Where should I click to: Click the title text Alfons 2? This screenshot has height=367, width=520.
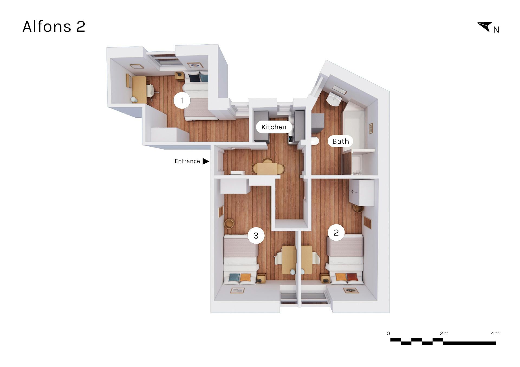coord(54,27)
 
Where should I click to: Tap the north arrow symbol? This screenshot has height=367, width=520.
coord(485,26)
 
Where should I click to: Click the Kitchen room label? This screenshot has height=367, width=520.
coord(274,127)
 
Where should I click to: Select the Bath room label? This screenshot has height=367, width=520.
coord(340,141)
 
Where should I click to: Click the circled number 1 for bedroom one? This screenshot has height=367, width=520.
coord(182,100)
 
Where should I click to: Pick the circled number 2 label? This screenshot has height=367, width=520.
coord(336,233)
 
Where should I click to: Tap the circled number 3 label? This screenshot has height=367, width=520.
coord(256,236)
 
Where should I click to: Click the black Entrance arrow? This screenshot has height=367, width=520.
coord(206,161)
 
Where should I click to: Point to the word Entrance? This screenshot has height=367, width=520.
coord(187,161)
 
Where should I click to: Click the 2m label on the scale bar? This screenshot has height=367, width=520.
coord(444,333)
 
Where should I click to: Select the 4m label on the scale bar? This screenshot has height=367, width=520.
coord(495,333)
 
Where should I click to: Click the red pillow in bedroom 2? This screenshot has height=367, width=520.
coord(352,277)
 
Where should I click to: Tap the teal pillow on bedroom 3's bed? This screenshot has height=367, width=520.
coord(234,277)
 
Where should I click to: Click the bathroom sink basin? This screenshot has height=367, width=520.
coord(334,99)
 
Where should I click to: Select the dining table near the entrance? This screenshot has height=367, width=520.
coord(267,169)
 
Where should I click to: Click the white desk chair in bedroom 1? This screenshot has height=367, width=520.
coord(151,90)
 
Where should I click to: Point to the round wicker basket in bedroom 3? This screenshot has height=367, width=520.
coord(229,223)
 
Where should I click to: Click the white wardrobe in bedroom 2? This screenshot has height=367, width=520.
coord(362,192)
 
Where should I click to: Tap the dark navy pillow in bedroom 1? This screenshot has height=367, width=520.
coord(194,78)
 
